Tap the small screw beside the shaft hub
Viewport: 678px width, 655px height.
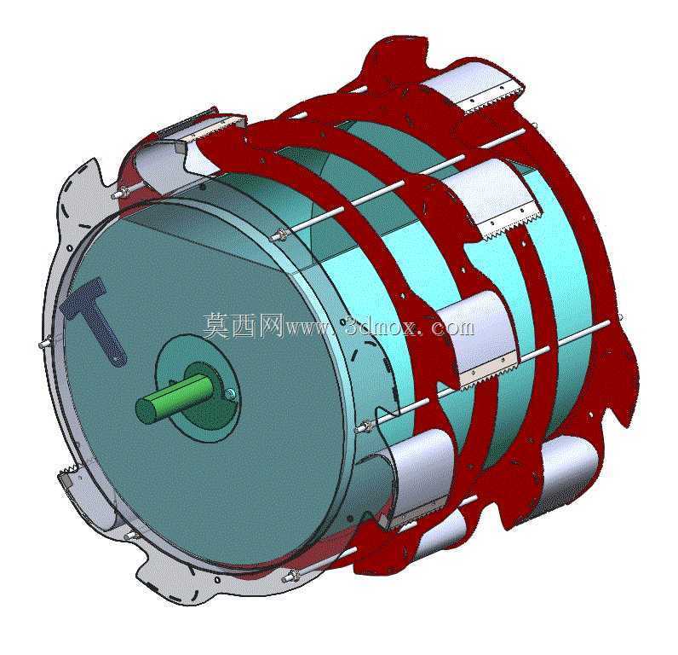(231, 392)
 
